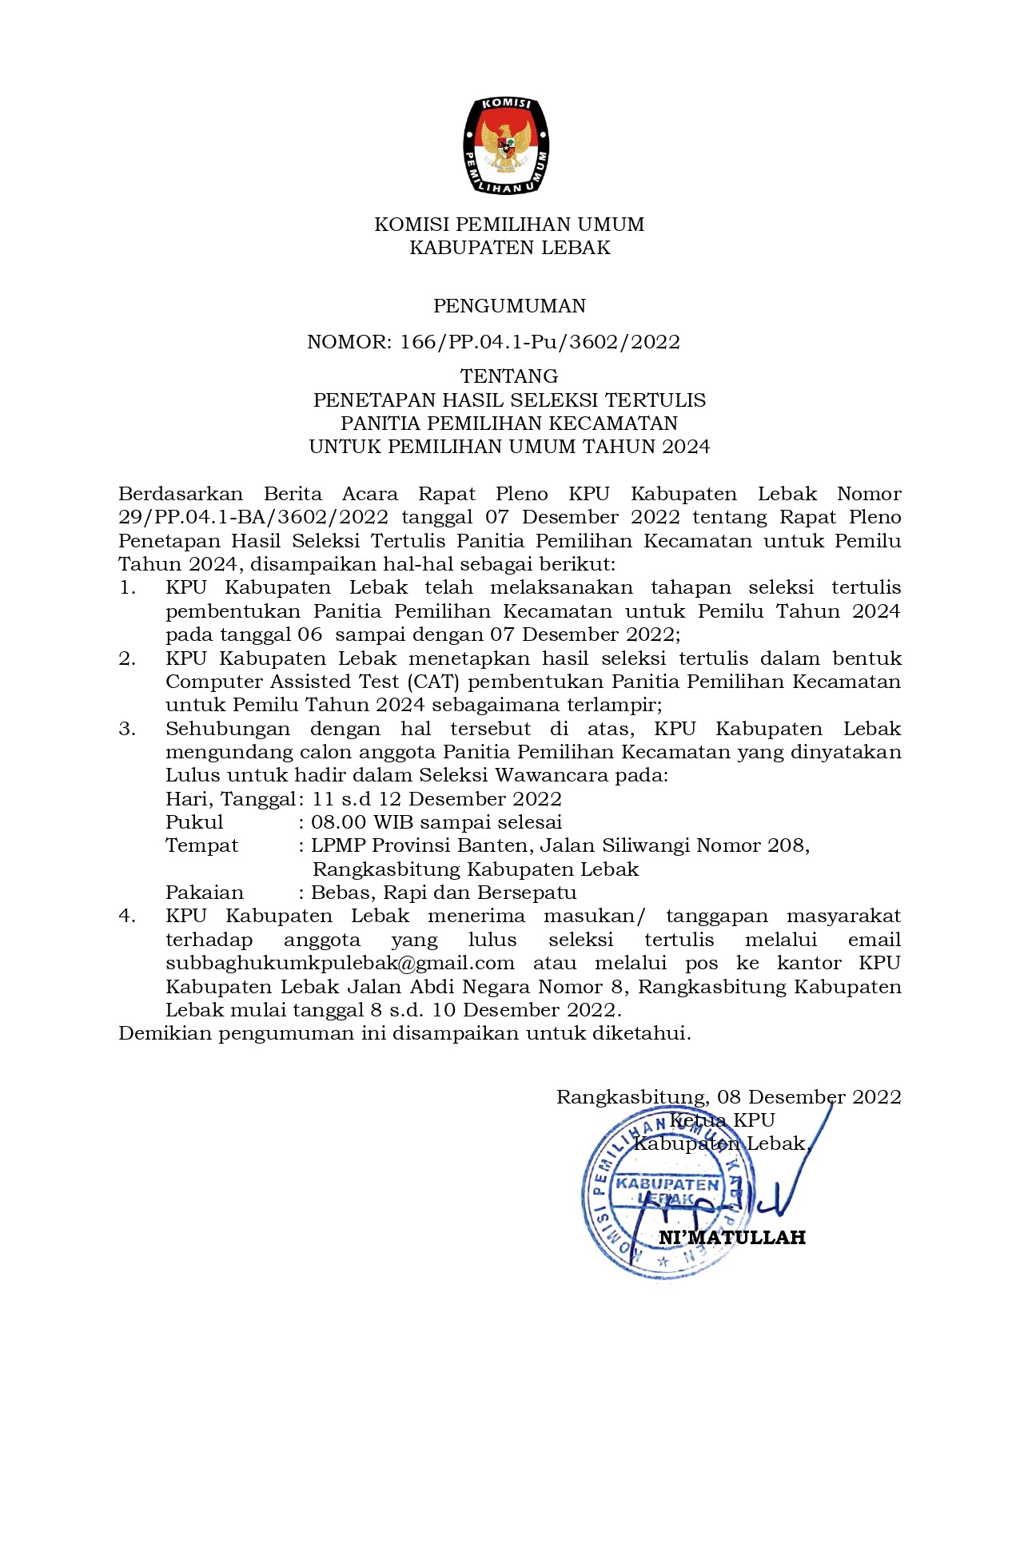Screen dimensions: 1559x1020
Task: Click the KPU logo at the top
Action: (507, 145)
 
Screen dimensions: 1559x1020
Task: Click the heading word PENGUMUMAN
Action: (509, 306)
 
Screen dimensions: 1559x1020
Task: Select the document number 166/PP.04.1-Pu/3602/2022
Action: (540, 342)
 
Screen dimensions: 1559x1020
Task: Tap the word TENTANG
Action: (509, 376)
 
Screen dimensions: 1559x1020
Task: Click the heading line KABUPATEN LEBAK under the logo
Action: (509, 248)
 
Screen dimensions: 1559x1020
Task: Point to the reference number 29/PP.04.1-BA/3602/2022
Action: (253, 518)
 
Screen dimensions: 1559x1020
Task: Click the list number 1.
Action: (127, 588)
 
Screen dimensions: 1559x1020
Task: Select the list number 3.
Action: (127, 730)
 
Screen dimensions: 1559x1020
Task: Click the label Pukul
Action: (194, 822)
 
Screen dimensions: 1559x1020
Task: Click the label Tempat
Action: (201, 845)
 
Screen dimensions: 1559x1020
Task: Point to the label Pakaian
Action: (205, 893)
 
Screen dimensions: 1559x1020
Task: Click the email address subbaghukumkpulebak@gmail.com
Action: (340, 964)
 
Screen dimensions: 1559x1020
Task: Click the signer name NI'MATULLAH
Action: (731, 1238)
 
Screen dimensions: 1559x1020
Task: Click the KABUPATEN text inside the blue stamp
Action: (667, 1183)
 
